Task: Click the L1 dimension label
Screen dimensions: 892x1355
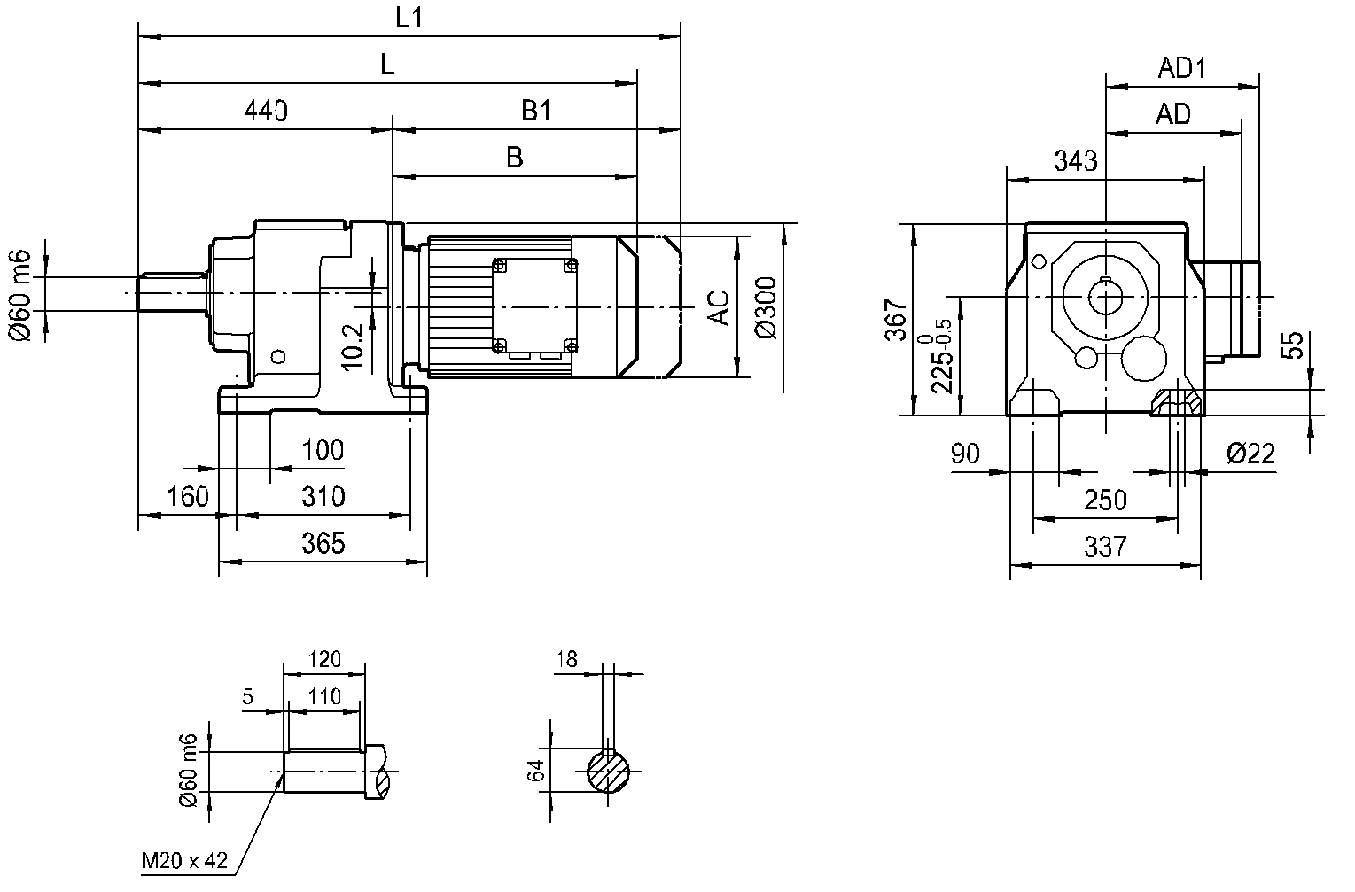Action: (x=409, y=19)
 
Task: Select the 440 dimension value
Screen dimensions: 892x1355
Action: (x=266, y=112)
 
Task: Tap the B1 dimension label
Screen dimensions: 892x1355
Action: (x=536, y=112)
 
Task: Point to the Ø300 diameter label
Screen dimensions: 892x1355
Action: (x=767, y=307)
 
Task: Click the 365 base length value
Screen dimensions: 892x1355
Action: (x=323, y=543)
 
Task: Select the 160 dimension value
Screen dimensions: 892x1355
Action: (x=187, y=496)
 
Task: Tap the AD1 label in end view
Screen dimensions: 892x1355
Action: (x=1182, y=69)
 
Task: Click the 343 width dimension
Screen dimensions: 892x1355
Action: (x=1076, y=161)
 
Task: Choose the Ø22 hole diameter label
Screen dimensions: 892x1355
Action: (x=1250, y=454)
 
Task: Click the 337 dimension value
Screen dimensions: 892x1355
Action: (x=1105, y=547)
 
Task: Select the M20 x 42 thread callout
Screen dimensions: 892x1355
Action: (x=184, y=860)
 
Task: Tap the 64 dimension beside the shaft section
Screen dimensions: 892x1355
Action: (x=535, y=772)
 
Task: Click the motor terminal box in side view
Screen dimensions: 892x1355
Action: (x=534, y=307)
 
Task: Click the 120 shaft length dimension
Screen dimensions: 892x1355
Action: (x=323, y=659)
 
